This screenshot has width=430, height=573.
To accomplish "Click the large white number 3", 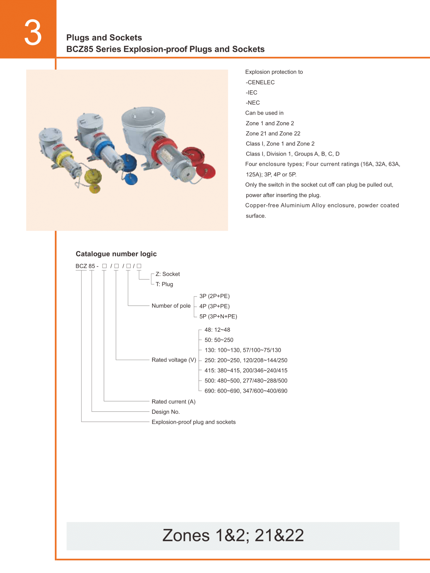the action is pos(33,32).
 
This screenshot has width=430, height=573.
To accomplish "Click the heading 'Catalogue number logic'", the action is pos(116,254).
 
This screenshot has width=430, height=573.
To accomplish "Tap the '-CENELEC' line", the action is pos(260,82).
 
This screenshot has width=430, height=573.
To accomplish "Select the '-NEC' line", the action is pos(253,103).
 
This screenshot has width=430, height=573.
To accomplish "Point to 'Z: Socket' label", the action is pos(168,274).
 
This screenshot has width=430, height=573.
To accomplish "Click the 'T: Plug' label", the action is pos(164,284).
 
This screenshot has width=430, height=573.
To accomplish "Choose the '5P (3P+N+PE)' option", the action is pos(218,316).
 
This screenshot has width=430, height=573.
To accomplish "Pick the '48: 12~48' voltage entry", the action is pos(217,330).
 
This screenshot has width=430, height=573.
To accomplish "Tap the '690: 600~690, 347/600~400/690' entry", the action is pos(246,391).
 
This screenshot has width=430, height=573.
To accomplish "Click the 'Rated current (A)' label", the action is pos(173,402).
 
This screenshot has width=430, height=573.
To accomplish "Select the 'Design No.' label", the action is pos(166,412).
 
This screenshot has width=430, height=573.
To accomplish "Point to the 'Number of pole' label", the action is pos(171,306).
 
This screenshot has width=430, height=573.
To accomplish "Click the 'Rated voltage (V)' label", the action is pos(174,360).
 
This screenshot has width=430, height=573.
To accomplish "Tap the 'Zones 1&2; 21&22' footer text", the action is pos(233,535).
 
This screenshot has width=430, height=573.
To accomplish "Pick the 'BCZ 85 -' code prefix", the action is pos(87,266).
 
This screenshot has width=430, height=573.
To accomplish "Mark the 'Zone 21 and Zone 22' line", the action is pos(273,134).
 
